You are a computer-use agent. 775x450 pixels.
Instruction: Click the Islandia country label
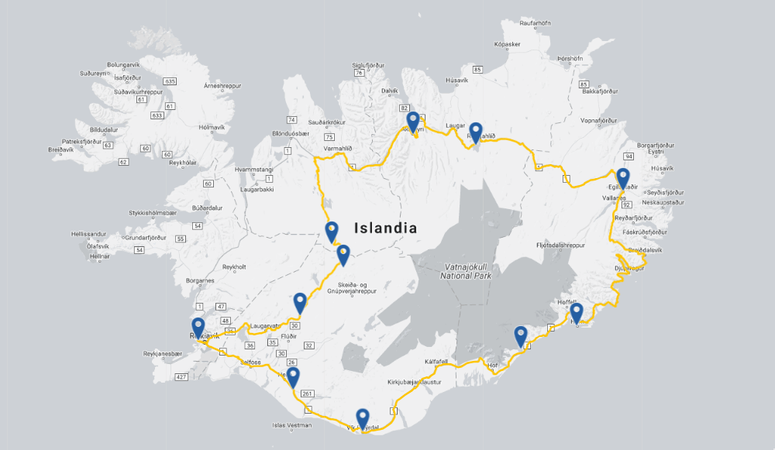[385, 228]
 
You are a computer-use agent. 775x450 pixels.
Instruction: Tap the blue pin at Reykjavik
[198, 327]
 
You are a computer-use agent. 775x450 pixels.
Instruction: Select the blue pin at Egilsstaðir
[622, 177]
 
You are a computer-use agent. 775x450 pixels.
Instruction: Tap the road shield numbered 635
[170, 81]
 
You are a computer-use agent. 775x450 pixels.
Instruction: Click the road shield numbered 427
[182, 377]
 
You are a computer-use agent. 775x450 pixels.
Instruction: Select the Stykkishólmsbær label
[153, 212]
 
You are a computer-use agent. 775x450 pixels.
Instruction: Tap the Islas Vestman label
[291, 425]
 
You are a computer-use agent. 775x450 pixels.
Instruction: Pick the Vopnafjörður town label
[601, 122]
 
